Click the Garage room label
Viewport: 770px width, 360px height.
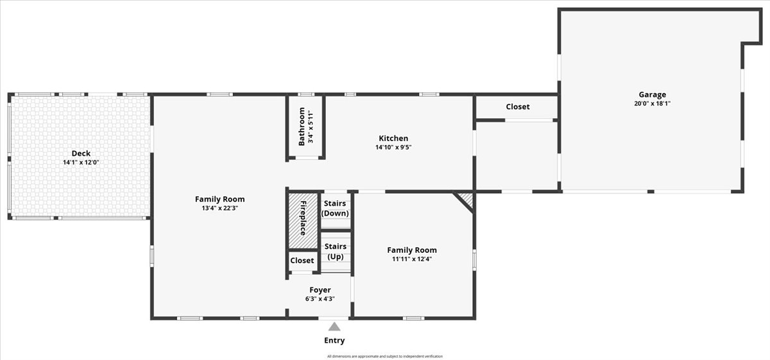[652, 94]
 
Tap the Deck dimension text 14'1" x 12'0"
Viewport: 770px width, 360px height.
[81, 162]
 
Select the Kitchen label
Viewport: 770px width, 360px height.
[393, 138]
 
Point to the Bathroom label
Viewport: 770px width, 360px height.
[302, 126]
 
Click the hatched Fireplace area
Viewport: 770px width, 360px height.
[303, 220]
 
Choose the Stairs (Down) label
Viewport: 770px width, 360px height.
[335, 209]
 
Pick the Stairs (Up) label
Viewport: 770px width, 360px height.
[335, 252]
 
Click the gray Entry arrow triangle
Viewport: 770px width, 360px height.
[334, 327]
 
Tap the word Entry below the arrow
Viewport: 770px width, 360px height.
[334, 340]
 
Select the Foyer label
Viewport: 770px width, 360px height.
[320, 290]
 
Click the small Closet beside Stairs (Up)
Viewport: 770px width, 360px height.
[302, 261]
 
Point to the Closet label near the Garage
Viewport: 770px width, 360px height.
[518, 107]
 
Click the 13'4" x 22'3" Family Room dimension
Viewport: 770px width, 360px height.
[219, 208]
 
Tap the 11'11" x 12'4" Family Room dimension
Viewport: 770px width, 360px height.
[412, 259]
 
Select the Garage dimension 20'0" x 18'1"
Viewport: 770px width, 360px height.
[652, 103]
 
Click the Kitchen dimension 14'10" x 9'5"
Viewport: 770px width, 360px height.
[393, 147]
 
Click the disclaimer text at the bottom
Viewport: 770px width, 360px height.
[385, 356]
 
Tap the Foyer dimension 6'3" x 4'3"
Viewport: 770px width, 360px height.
[320, 299]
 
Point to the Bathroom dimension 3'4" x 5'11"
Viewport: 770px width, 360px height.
[311, 126]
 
